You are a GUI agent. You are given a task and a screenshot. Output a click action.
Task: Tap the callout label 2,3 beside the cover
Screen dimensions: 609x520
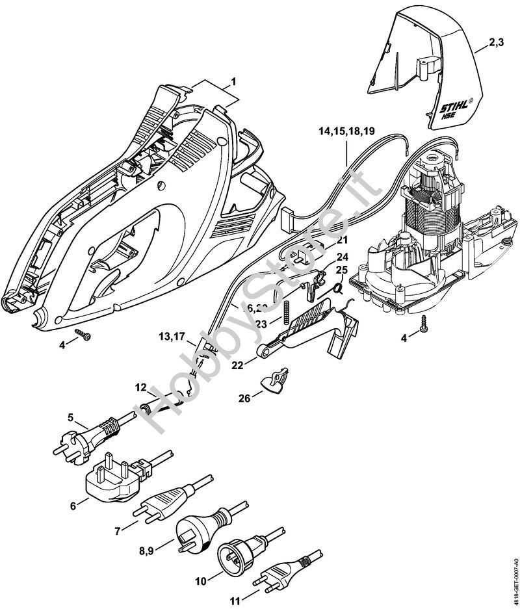tap(497, 44)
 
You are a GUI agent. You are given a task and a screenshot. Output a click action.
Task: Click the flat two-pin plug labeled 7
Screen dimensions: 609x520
tap(168, 500)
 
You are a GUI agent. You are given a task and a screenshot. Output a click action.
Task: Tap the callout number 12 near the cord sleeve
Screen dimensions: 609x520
tap(141, 388)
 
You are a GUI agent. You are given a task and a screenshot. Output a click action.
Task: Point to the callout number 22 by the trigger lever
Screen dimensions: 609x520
tap(239, 365)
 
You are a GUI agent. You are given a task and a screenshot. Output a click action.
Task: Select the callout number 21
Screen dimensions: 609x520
tap(343, 240)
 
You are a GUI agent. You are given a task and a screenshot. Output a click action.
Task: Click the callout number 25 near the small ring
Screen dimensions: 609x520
tap(342, 270)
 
